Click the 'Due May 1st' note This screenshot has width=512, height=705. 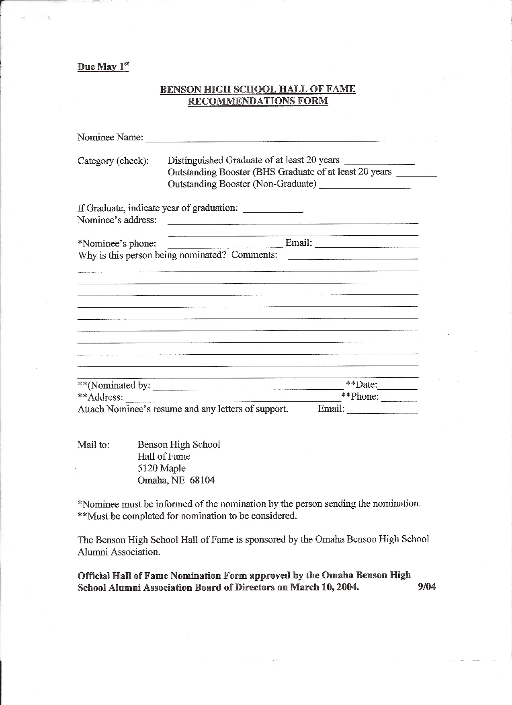[103, 66]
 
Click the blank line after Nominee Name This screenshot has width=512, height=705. [291, 139]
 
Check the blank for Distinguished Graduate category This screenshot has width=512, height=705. [379, 162]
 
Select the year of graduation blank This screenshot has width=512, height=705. [273, 210]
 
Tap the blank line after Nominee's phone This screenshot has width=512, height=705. [225, 245]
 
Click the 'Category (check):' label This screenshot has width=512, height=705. [113, 161]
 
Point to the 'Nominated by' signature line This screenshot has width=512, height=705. [247, 387]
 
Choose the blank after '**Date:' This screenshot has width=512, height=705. [397, 387]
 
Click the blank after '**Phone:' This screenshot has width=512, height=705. [399, 399]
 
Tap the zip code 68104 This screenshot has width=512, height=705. [202, 480]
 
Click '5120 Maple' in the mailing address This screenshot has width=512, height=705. [162, 468]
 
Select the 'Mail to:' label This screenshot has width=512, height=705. [93, 445]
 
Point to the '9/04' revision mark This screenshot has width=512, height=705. [426, 587]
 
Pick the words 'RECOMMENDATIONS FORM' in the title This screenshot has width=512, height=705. [258, 101]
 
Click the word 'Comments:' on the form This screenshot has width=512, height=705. [254, 255]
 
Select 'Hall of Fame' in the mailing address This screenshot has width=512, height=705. [164, 456]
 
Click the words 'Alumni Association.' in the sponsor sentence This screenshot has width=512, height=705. [119, 552]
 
